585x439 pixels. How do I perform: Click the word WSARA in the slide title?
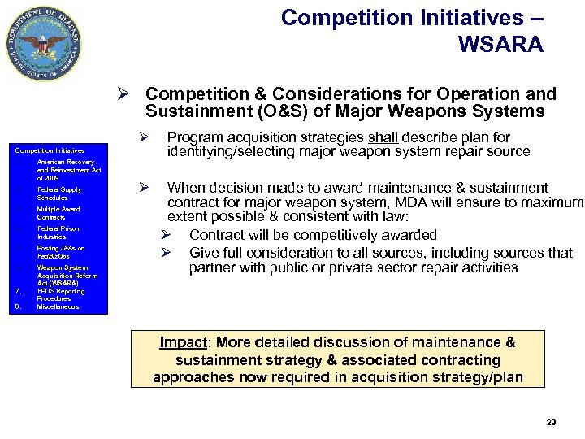click(x=500, y=44)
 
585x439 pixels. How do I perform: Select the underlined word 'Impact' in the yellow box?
click(x=182, y=342)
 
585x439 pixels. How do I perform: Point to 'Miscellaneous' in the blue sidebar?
click(x=58, y=306)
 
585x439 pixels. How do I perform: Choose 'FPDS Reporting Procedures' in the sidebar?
click(x=60, y=294)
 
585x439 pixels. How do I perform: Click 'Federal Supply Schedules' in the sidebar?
click(x=58, y=193)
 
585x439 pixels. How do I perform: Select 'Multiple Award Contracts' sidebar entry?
click(x=58, y=213)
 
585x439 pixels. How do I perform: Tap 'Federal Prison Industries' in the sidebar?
click(x=58, y=233)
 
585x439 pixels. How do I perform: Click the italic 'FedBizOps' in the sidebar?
click(x=54, y=256)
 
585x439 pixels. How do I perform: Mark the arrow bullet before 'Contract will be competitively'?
click(x=164, y=235)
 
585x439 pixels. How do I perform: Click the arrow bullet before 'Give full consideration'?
click(x=164, y=252)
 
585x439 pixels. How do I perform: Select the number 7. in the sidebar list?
click(x=18, y=291)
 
